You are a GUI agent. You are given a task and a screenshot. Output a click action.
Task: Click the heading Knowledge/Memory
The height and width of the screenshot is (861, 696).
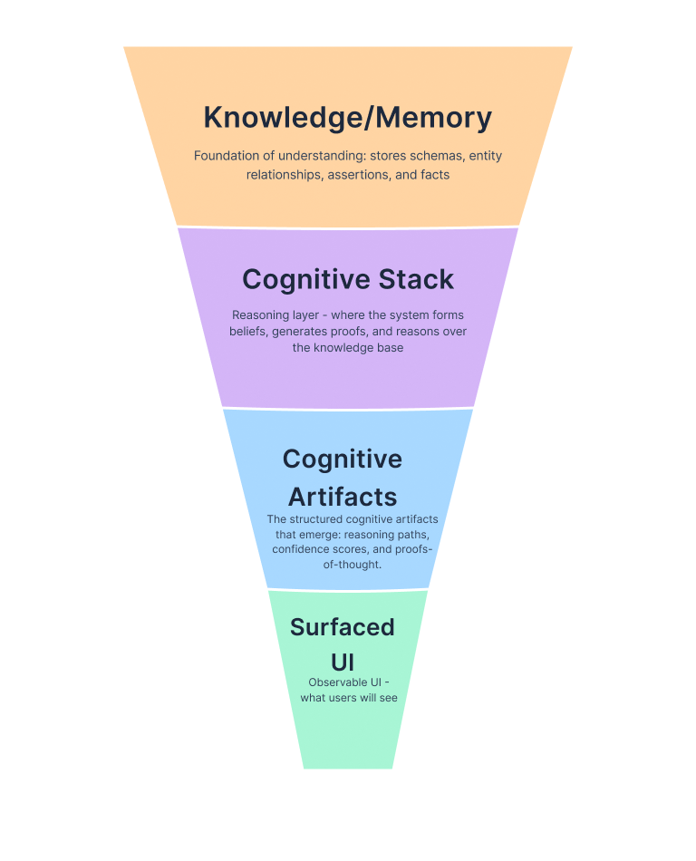[347, 118]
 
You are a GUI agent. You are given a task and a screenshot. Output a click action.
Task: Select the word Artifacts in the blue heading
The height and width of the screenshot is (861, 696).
[343, 497]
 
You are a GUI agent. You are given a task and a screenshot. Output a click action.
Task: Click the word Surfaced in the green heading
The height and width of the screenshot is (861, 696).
[342, 627]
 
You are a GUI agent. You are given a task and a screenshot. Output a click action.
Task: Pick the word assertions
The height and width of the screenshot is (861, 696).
[354, 174]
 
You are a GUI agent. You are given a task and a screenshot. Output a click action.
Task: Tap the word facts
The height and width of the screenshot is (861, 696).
[435, 174]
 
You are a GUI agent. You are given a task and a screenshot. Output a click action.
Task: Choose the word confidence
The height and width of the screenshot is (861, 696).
[304, 549]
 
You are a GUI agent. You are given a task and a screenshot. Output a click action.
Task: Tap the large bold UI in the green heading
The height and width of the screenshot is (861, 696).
[342, 663]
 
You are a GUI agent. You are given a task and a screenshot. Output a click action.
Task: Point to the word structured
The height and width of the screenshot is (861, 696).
[318, 519]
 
